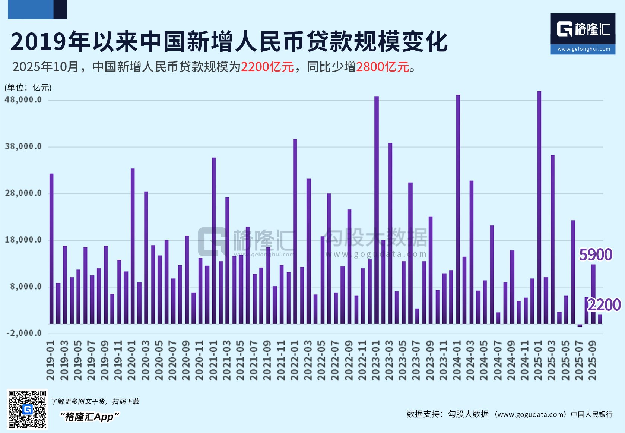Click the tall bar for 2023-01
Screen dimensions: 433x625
(377, 209)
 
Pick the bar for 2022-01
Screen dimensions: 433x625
(295, 231)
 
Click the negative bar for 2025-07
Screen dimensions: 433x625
(580, 326)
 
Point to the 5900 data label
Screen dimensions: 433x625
(596, 255)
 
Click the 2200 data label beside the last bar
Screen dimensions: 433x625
(604, 305)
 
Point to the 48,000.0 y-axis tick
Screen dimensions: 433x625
(23, 100)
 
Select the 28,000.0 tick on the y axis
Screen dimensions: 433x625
(23, 193)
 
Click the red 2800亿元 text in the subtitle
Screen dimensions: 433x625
(383, 67)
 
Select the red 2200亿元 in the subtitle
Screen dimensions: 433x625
(267, 67)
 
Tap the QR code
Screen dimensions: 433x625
(28, 409)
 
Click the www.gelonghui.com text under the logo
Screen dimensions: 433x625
(584, 49)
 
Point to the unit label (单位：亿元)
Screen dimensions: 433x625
(28, 88)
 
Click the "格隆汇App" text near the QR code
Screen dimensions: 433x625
(89, 417)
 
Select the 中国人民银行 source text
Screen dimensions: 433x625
(591, 414)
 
